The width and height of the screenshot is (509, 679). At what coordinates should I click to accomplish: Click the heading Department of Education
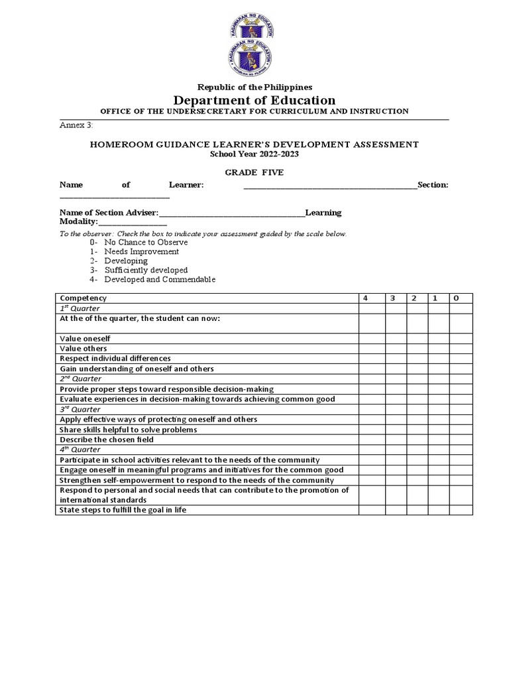click(x=254, y=100)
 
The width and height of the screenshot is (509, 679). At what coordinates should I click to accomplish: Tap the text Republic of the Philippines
click(x=254, y=87)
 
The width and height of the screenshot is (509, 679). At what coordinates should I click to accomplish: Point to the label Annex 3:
click(x=77, y=125)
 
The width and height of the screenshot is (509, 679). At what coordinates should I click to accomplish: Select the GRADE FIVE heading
click(x=254, y=172)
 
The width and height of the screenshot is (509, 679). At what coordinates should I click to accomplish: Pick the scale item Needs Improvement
click(x=141, y=251)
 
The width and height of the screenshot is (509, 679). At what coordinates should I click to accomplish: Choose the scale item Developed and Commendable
click(x=160, y=279)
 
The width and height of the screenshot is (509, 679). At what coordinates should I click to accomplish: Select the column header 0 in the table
click(x=456, y=298)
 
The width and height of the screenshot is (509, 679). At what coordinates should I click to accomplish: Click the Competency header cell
click(x=83, y=298)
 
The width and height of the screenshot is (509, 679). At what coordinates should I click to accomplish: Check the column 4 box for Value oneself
click(x=372, y=338)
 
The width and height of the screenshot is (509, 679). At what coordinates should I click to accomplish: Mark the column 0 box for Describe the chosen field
click(x=461, y=440)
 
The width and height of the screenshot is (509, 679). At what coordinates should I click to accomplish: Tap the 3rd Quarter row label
click(x=80, y=409)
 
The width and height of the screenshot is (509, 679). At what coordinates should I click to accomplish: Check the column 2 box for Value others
click(x=417, y=348)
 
